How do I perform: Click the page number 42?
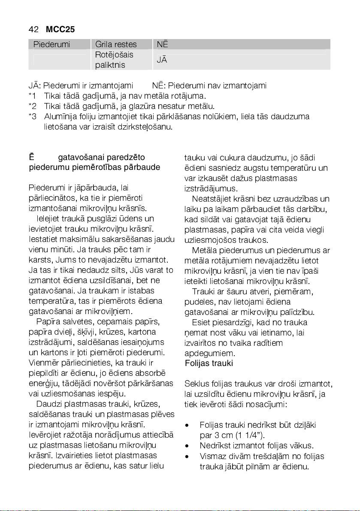pyautogui.click(x=33, y=29)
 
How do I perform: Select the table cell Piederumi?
pyautogui.click(x=52, y=44)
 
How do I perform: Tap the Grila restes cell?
pyautogui.click(x=116, y=44)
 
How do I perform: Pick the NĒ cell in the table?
pyautogui.click(x=162, y=44)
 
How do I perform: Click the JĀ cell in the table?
pyautogui.click(x=162, y=60)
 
